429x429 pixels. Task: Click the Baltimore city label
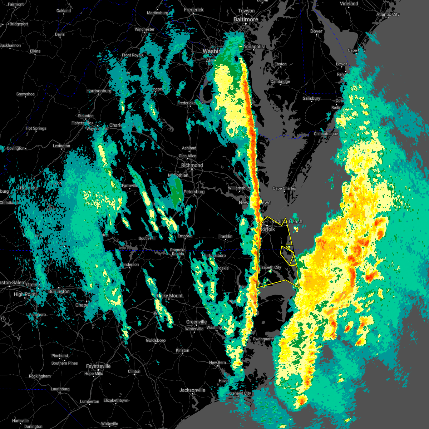point(246,19)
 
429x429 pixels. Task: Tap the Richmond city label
point(192,166)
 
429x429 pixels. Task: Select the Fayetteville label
point(98,366)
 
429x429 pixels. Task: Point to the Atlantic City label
point(388,15)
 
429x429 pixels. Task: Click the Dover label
point(316,31)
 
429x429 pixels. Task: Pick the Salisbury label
point(311,99)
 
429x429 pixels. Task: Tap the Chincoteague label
point(326,134)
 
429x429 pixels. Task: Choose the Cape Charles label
point(284,189)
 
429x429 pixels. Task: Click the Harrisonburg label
point(99,91)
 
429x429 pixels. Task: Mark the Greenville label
point(196,322)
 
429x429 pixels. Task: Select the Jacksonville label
point(192,390)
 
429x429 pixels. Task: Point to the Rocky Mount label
point(170,296)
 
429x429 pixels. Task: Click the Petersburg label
point(194,192)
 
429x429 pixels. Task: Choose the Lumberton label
point(90,401)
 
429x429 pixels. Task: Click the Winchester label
point(144,30)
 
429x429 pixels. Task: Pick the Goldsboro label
point(156,341)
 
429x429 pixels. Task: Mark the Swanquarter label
point(263,339)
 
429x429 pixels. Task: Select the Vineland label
point(349,4)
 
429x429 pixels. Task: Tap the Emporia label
point(185,236)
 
